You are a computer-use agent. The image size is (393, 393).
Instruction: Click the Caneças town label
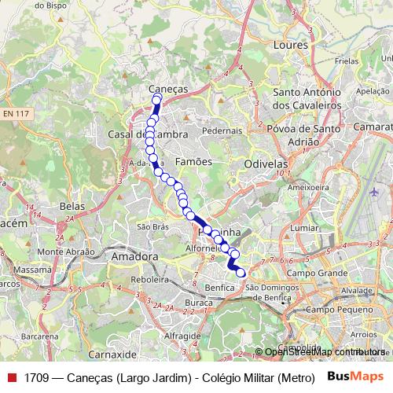click(x=168, y=89)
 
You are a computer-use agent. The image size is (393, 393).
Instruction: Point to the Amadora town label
click(x=135, y=256)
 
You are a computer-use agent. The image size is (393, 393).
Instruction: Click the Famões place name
click(x=193, y=161)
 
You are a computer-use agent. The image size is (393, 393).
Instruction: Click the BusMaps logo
click(x=354, y=376)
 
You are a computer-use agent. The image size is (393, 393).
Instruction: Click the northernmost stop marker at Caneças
click(x=156, y=99)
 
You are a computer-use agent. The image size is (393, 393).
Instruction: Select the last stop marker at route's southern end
click(x=241, y=273)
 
